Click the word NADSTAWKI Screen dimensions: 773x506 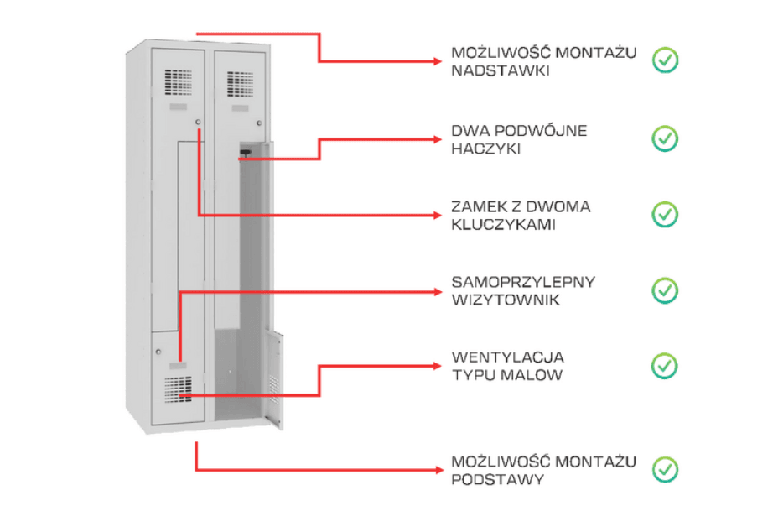pos(501,70)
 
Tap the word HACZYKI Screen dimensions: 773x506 pos(486,149)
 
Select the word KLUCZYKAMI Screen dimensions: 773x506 pos(503,225)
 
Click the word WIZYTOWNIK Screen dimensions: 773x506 pos(506,300)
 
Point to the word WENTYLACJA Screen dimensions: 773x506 pos(508,357)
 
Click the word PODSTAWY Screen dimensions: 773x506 pos(498,479)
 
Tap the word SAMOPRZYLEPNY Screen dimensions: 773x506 pos(523,282)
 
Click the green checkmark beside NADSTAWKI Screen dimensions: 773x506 pos(666,60)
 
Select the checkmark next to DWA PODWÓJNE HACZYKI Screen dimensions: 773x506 pos(666,138)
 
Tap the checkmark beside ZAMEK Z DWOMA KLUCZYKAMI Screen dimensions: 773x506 pos(666,214)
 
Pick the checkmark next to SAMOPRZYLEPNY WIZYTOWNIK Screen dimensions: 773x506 pos(666,290)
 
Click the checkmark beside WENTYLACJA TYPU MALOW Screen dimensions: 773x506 pos(666,366)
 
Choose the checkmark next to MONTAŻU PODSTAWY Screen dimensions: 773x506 pos(666,469)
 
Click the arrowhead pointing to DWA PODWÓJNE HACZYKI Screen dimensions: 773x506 pos(438,139)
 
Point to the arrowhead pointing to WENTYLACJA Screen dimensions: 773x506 pos(438,366)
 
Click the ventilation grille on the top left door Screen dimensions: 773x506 pos(179,82)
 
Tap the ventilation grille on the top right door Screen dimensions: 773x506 pos(240,84)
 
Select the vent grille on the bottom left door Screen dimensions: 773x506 pos(178,389)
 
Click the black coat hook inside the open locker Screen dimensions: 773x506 pos(245,154)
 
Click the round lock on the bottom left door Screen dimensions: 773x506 pos(158,352)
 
